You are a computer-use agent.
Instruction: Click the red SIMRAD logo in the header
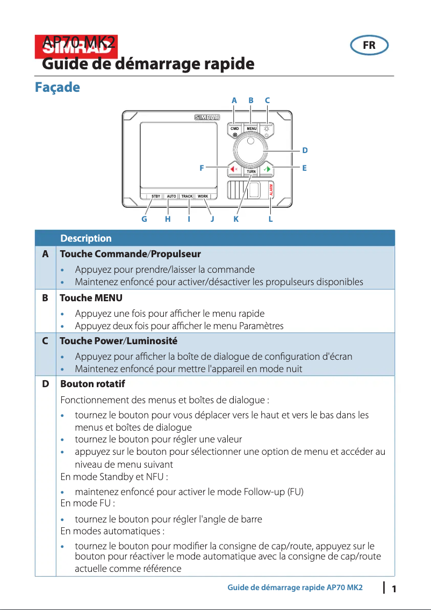click(76, 45)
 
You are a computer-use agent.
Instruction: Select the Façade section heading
click(57, 87)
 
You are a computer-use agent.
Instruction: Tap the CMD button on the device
click(235, 129)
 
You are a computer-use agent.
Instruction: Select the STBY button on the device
click(156, 197)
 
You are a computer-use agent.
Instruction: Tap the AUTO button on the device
click(171, 197)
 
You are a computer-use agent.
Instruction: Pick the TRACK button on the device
click(187, 197)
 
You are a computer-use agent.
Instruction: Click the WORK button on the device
click(203, 197)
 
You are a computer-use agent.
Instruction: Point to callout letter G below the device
click(144, 219)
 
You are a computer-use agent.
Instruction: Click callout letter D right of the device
click(305, 150)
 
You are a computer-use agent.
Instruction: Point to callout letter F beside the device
click(202, 168)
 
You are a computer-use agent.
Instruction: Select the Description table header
click(86, 238)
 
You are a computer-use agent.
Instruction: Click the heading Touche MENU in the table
click(91, 297)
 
